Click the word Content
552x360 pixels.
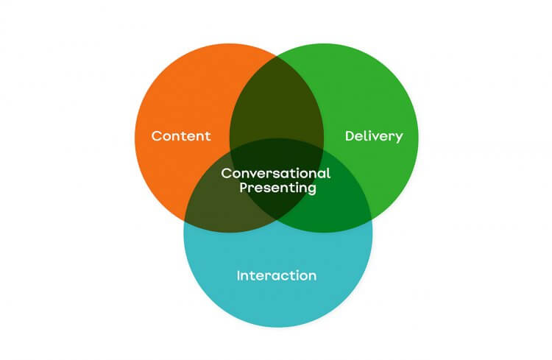coord(181,136)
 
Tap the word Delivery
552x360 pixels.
coord(374,136)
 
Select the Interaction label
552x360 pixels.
coord(277,276)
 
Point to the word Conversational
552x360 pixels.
coord(276,174)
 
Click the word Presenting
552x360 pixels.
coord(276,188)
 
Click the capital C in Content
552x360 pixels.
coord(156,136)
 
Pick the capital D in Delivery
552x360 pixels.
coord(350,136)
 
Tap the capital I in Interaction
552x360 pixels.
coord(238,276)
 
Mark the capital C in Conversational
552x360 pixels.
coord(226,174)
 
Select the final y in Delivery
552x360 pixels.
coord(399,138)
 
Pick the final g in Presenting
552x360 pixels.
coord(311,190)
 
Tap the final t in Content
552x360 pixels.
coord(208,136)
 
